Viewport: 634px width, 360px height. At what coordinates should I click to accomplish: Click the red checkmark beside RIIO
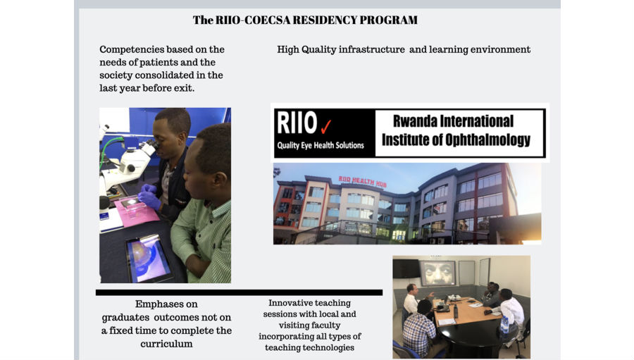coord(326,127)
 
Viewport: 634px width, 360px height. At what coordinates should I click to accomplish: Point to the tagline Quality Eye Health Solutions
coord(321,145)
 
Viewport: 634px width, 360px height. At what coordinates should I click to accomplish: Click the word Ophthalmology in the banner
coord(487,140)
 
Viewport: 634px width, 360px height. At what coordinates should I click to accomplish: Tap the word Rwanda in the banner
coord(415,121)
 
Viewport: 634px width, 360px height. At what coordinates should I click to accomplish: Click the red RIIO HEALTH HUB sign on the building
coord(362,181)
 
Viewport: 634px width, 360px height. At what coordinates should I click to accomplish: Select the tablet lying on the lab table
coord(149,259)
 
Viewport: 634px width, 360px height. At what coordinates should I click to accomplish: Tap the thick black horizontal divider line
coord(239,292)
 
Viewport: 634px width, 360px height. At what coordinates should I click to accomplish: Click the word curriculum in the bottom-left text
coord(166,344)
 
